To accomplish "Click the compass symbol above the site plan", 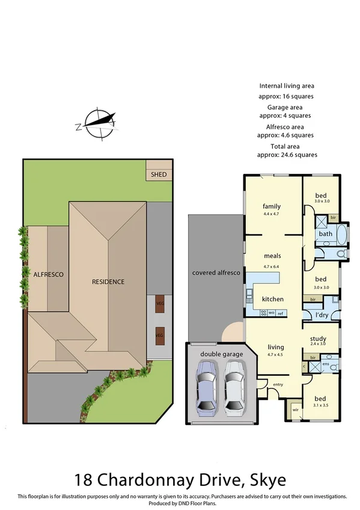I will (x=96, y=123).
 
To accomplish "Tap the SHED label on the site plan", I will (x=159, y=174).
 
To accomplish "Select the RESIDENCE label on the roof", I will (x=108, y=281).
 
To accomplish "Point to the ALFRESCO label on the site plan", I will (x=48, y=274).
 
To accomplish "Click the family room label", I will (x=272, y=206).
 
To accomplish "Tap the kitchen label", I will (x=272, y=299).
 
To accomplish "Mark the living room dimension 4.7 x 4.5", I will (x=275, y=354).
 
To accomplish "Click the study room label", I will (x=318, y=339).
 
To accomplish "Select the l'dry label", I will (x=321, y=315).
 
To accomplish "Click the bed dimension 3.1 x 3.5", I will (x=320, y=405).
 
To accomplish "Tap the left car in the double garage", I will (x=207, y=391).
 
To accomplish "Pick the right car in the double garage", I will (x=234, y=391).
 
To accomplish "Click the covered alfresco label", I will (x=216, y=273).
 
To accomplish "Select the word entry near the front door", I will (x=278, y=384).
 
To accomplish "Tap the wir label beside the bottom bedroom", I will (x=295, y=410).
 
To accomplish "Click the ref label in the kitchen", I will (x=280, y=313).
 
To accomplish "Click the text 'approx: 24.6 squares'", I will (x=285, y=155).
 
